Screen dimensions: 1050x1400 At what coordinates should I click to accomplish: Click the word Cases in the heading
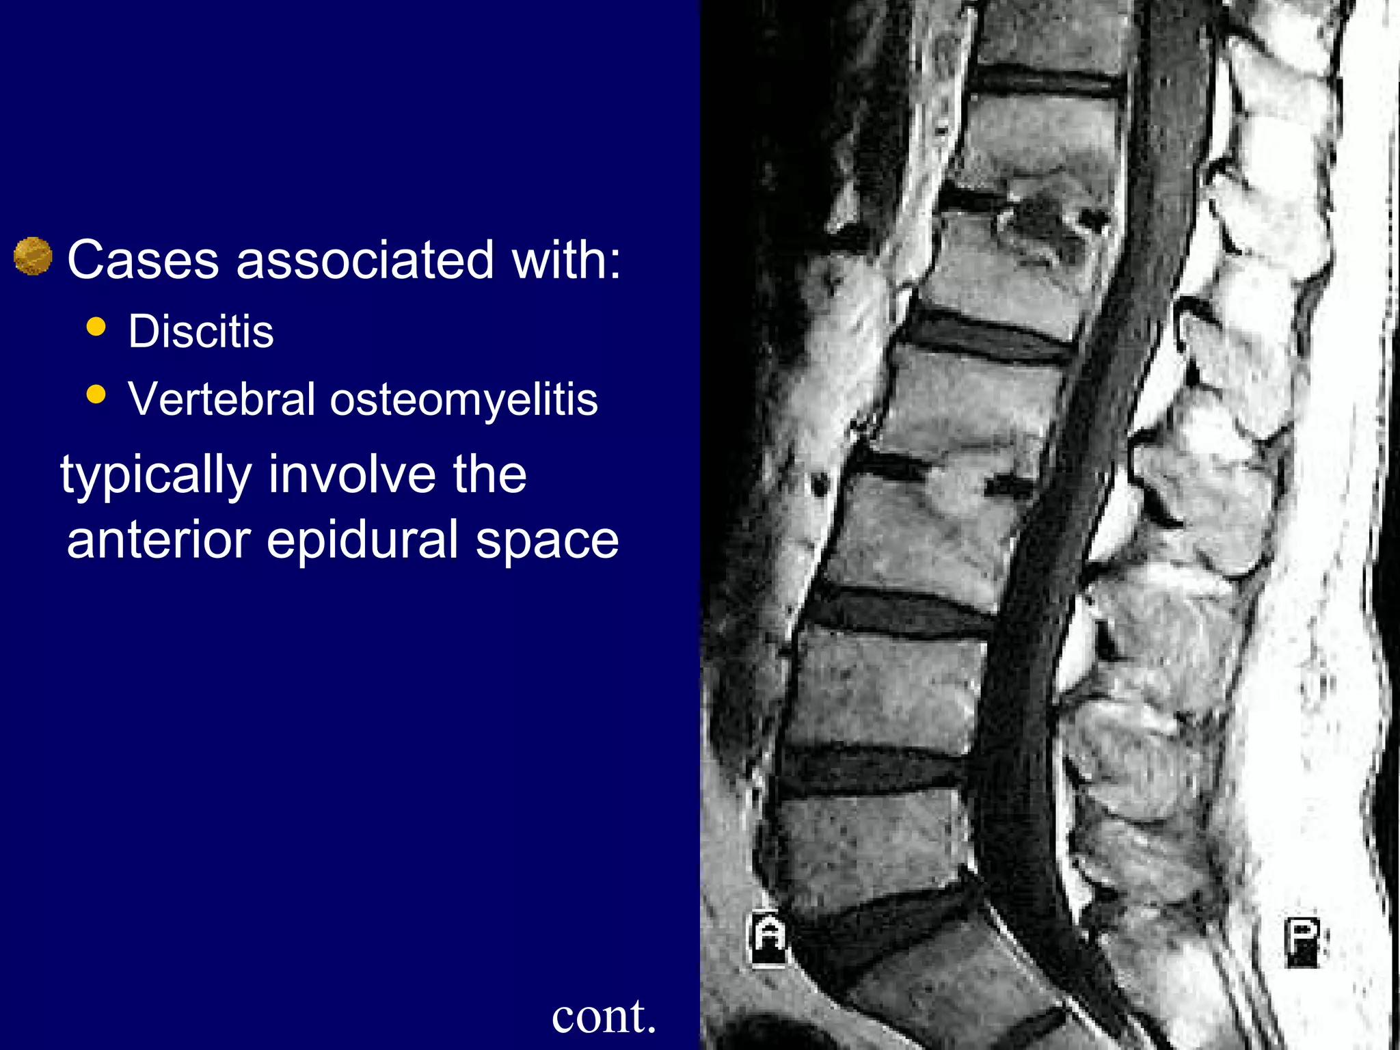point(143,260)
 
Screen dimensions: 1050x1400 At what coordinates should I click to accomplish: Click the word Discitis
point(201,332)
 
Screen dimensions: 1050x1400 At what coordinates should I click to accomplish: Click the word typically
point(156,475)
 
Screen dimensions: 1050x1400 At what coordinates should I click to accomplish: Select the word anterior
point(159,540)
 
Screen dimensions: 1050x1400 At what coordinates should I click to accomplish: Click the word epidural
point(362,540)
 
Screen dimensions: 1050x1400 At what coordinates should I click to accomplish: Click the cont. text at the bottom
point(604,1016)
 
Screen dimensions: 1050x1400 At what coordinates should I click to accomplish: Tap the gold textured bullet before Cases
point(33,256)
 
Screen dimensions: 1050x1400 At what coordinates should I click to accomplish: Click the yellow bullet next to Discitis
point(97,327)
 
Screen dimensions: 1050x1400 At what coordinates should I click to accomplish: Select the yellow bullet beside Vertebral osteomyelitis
point(97,394)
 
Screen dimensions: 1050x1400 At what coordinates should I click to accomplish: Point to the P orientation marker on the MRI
point(1302,941)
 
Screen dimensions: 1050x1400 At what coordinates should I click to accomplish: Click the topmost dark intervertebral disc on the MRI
point(1046,82)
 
